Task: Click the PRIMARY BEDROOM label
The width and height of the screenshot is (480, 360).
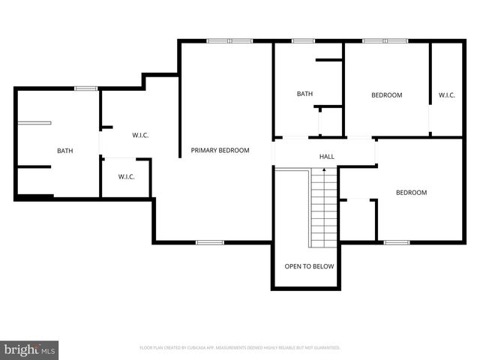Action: (220, 151)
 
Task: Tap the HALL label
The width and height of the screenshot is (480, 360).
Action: (327, 157)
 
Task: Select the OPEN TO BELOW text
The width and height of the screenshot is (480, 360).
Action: (309, 266)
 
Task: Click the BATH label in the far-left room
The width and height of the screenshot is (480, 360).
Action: (65, 151)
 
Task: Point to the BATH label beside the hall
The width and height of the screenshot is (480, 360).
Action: (304, 94)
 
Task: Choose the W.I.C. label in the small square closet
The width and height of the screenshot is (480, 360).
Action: (126, 177)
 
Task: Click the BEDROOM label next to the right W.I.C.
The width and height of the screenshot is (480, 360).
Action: (387, 95)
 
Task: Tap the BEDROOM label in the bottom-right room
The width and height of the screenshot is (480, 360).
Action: (411, 193)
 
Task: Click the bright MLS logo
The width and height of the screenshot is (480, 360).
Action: (29, 349)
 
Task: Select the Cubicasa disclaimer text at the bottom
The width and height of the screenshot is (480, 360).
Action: (240, 348)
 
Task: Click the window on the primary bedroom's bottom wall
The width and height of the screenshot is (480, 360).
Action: (210, 242)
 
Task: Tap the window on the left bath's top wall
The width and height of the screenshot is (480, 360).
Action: (86, 88)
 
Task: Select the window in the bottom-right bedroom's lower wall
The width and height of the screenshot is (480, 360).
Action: (396, 242)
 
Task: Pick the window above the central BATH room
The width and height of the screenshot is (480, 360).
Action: (304, 40)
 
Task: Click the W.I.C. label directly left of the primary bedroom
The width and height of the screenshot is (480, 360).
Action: (140, 135)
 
